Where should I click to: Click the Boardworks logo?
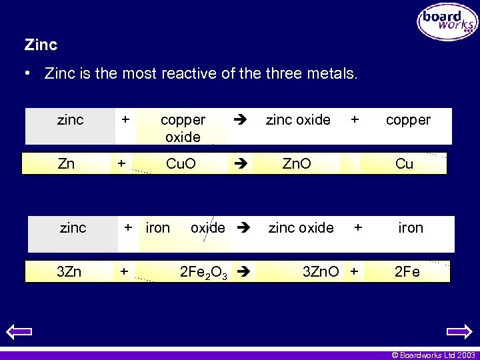click(x=447, y=22)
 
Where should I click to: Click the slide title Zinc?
click(x=41, y=45)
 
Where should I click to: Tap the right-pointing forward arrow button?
click(x=459, y=331)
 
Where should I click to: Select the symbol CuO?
click(x=181, y=164)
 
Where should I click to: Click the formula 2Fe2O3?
click(x=204, y=273)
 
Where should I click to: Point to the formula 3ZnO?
click(x=321, y=272)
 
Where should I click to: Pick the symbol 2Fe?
click(x=407, y=272)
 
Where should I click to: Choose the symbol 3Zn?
click(x=70, y=272)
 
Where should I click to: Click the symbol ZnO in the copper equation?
click(x=295, y=164)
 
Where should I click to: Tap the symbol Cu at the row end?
click(x=405, y=164)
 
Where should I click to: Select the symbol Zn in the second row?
click(x=66, y=164)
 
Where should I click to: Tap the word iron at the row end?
click(x=411, y=228)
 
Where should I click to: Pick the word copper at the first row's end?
click(x=408, y=120)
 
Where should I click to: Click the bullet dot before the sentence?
click(x=27, y=73)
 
